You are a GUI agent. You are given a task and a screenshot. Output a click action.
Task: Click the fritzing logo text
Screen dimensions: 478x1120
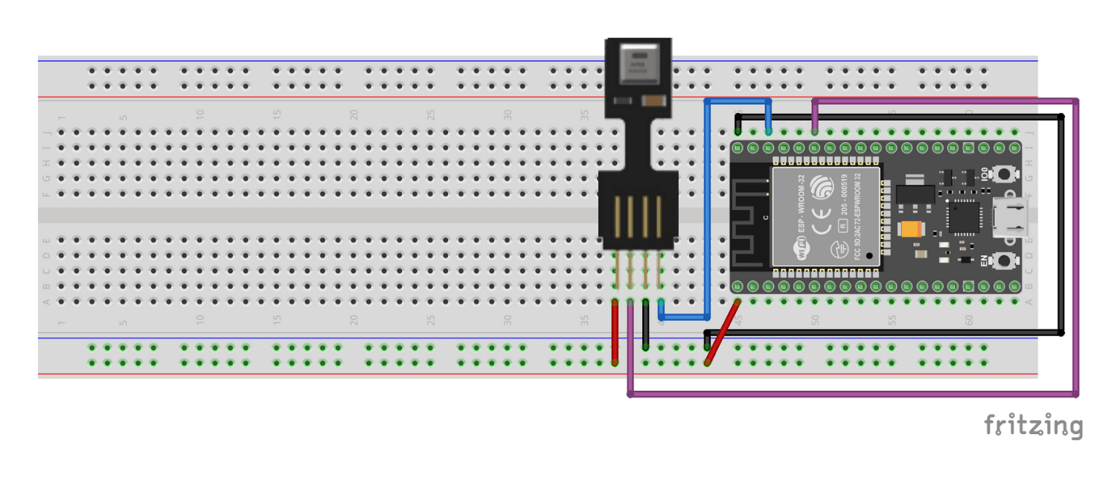[1034, 427]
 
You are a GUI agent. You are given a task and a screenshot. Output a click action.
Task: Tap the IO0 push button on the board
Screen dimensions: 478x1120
[1006, 175]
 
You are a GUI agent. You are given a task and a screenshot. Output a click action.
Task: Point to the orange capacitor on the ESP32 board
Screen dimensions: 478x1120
[910, 230]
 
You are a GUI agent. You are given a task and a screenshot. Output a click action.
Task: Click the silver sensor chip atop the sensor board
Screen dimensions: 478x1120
[638, 64]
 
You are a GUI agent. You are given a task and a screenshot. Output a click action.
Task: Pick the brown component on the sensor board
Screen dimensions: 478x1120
[653, 101]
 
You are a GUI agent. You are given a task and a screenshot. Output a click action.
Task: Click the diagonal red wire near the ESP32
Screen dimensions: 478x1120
[722, 333]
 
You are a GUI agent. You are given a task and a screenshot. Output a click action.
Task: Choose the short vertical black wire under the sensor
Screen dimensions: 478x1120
[645, 328]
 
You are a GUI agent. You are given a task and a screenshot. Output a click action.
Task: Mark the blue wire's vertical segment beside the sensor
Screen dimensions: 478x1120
[707, 208]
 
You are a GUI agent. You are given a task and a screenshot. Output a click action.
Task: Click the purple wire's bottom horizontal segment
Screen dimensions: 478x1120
[848, 394]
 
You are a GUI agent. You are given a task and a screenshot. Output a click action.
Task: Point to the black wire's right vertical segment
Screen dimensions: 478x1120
[1061, 223]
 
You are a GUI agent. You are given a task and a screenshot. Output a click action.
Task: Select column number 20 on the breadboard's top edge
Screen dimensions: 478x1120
[354, 115]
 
